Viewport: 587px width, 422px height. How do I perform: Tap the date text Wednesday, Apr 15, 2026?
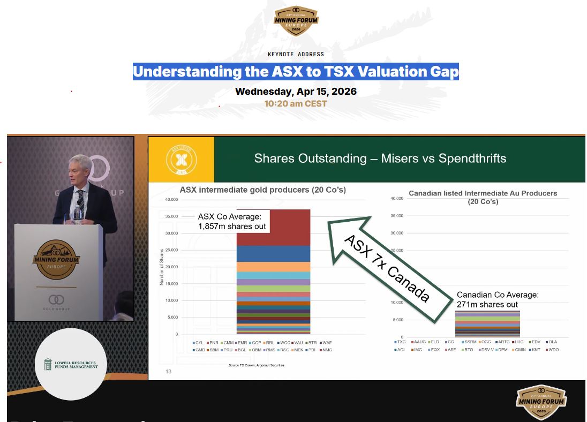pyautogui.click(x=296, y=91)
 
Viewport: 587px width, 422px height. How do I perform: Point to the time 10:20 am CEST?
pyautogui.click(x=296, y=103)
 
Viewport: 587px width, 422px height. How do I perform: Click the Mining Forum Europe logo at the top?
pyautogui.click(x=296, y=20)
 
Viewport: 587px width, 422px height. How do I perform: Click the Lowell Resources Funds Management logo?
pyautogui.click(x=71, y=364)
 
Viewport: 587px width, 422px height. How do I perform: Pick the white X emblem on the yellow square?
pyautogui.click(x=180, y=160)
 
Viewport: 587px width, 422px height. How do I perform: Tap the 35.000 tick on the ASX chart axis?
pyautogui.click(x=171, y=216)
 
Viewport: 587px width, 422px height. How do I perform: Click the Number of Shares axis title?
pyautogui.click(x=162, y=267)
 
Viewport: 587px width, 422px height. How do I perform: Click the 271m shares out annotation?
pyautogui.click(x=487, y=305)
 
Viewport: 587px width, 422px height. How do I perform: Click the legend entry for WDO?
pyautogui.click(x=552, y=350)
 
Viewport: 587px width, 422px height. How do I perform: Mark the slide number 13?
pyautogui.click(x=169, y=372)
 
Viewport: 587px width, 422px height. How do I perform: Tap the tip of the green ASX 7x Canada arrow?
pyautogui.click(x=370, y=217)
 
